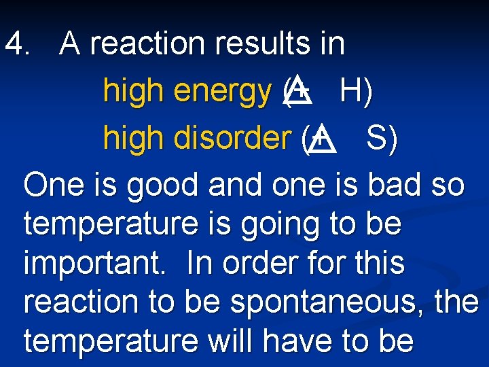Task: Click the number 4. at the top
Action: click(x=18, y=44)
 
